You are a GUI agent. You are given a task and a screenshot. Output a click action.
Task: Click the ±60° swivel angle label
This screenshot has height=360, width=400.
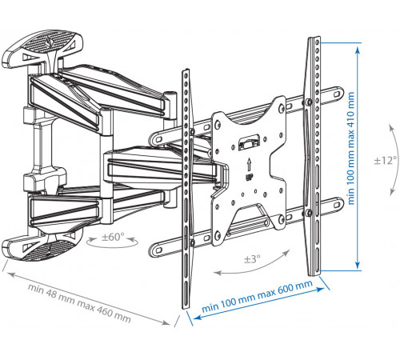point(113,237)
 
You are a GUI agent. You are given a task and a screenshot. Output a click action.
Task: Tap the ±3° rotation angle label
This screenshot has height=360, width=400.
point(252,258)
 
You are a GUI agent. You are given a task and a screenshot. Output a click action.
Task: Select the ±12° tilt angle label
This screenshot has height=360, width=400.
point(385,161)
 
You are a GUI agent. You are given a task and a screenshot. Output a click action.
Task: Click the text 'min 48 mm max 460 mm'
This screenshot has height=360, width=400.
point(79,303)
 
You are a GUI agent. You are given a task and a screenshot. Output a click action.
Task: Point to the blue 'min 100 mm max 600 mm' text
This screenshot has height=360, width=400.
point(257,296)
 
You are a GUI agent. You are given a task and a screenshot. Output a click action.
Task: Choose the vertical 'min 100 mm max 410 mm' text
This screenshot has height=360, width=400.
point(350,148)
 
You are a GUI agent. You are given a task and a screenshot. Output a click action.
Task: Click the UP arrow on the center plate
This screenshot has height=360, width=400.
point(249,164)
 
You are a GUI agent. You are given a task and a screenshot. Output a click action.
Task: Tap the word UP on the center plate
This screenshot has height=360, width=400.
point(249,177)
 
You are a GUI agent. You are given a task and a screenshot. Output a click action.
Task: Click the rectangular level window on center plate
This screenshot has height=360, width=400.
point(249,142)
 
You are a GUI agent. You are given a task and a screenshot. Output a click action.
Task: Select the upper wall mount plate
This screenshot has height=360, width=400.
point(42,49)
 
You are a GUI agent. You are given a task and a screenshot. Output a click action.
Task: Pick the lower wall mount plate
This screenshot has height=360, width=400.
point(42,246)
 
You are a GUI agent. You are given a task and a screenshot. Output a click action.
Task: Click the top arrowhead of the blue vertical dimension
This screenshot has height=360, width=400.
point(358,50)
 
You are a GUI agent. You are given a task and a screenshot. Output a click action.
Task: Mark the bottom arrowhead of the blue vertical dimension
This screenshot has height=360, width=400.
point(358,264)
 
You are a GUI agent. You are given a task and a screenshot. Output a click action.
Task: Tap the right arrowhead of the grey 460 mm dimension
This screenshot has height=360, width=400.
point(166,322)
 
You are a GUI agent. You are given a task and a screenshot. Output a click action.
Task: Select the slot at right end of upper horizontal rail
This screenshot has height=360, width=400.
point(337,94)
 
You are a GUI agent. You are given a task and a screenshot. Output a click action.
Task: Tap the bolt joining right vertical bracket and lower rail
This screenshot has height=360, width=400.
point(309,213)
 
